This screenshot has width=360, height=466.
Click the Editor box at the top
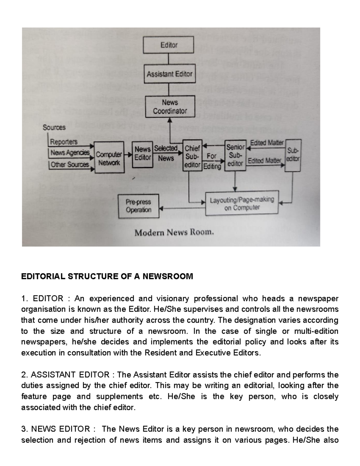[169, 45]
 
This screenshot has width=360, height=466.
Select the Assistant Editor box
[169, 74]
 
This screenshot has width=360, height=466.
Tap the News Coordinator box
[170, 107]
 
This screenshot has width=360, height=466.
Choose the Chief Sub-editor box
[192, 156]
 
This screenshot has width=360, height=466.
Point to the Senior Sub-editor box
[235, 155]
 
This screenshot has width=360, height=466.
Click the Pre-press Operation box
[138, 206]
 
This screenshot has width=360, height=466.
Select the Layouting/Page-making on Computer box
[241, 203]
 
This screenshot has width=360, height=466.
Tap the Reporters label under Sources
[64, 142]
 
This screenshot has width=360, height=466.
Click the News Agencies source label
[70, 153]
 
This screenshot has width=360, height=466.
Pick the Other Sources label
[70, 164]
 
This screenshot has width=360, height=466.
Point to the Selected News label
[166, 153]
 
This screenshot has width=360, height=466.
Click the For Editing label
[212, 161]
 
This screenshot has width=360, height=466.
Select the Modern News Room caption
[174, 233]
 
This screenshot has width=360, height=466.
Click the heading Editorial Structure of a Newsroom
[107, 276]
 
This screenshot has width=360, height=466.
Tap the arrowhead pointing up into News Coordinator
[170, 120]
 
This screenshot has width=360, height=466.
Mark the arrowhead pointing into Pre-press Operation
[161, 208]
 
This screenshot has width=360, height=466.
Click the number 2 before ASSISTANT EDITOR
[24, 375]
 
